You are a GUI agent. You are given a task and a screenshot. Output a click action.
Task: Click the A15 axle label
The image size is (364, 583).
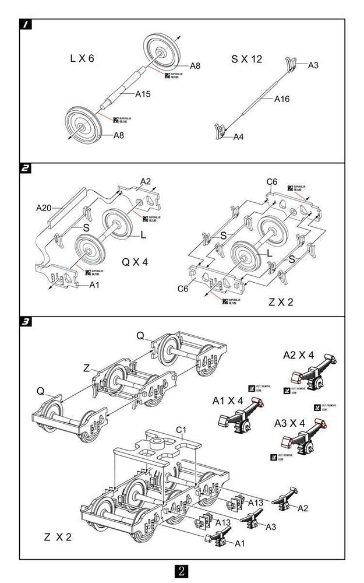tap(143, 93)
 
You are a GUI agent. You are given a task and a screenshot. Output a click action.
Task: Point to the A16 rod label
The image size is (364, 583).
tap(282, 99)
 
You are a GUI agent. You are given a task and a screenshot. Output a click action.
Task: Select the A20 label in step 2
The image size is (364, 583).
tap(44, 207)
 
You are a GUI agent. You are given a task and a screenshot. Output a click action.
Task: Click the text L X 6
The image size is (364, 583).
tap(82, 58)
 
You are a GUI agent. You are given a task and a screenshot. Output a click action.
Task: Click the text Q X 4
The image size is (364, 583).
tap(135, 262)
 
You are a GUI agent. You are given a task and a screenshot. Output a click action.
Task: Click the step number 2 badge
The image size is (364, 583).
tap(26, 169)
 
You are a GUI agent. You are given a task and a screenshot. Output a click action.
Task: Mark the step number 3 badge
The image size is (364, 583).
tap(26, 322)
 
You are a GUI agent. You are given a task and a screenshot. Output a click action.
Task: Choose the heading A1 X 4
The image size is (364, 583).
tap(227, 401)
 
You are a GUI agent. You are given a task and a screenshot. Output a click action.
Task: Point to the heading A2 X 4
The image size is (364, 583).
tap(298, 354)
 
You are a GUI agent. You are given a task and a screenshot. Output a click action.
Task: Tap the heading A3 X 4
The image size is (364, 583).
tap(298, 422)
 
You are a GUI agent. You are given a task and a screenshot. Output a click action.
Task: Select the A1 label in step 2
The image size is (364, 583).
tap(95, 285)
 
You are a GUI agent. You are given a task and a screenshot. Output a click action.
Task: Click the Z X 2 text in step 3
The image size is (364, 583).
tap(58, 536)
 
